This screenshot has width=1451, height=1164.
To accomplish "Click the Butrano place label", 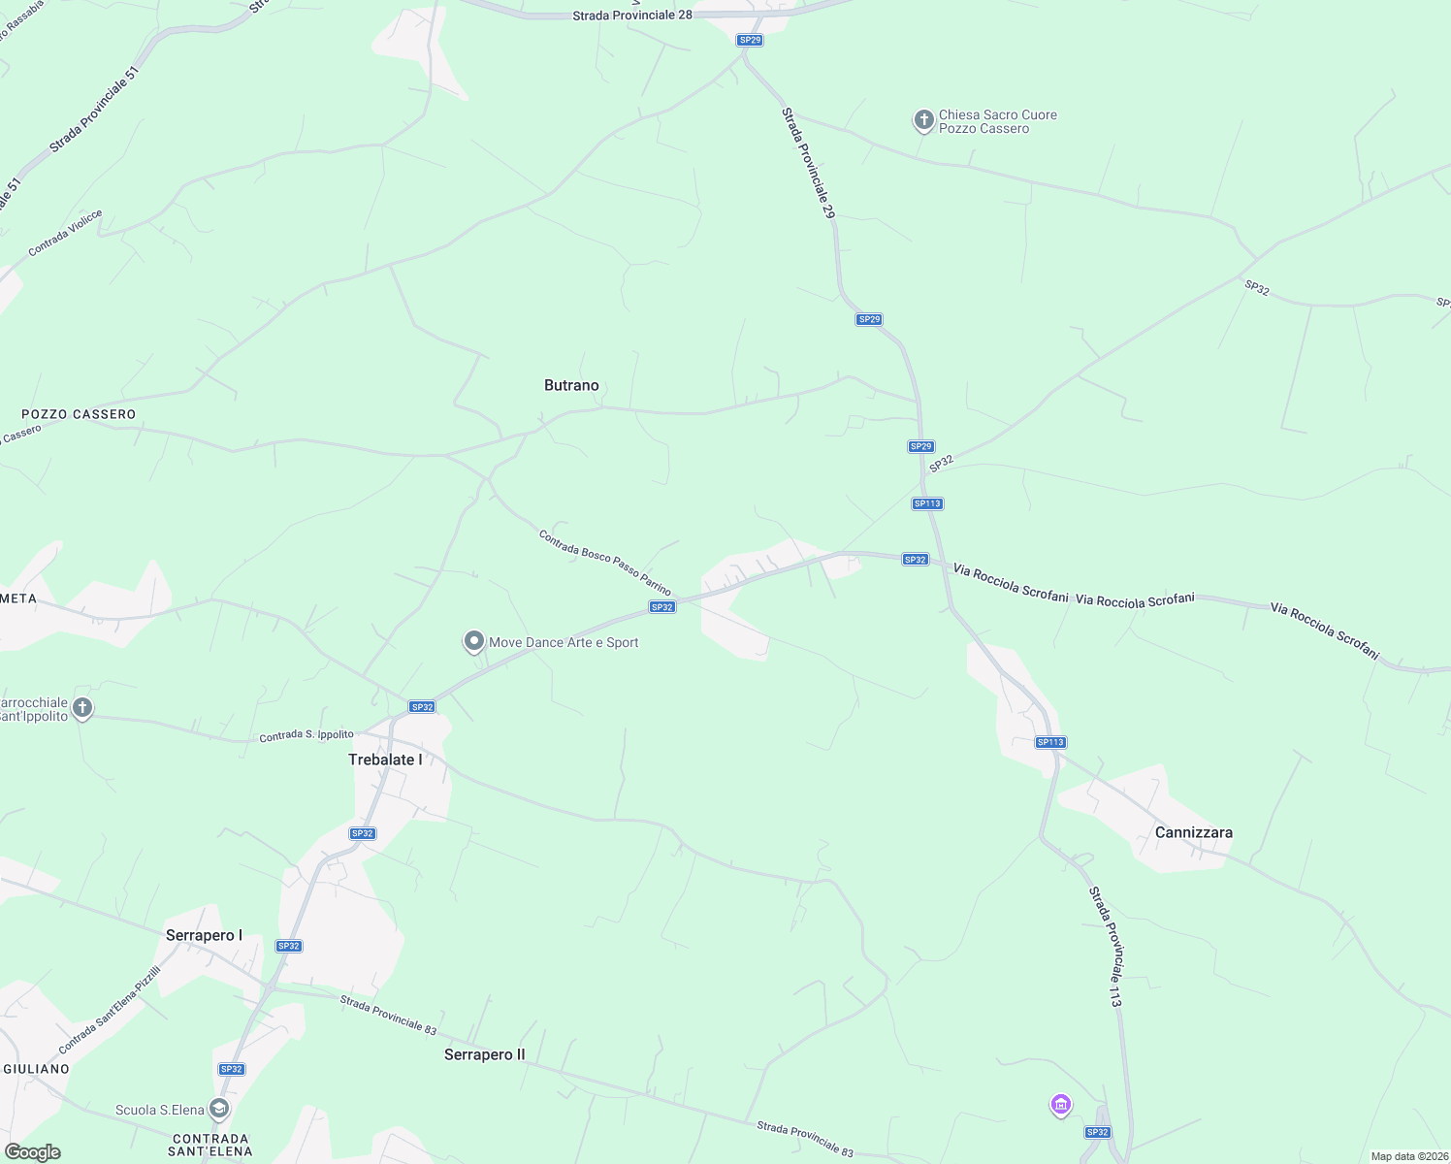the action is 571,385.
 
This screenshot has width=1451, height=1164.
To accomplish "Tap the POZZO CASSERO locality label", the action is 79,414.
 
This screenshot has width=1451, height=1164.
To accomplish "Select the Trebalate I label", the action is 385,760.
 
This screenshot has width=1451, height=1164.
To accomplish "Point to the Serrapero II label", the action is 484,1054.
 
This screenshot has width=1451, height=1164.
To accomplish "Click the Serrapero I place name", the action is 204,935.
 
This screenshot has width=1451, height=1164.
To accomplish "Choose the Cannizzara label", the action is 1193,832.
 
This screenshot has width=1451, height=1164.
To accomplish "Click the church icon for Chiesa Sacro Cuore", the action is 923,120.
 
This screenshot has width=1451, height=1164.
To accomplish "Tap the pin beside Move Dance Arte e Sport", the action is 474,641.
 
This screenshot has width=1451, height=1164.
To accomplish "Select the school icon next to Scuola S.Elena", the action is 219,1109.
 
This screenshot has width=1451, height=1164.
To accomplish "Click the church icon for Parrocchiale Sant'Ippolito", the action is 82,707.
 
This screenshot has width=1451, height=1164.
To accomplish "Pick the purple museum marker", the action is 1061,1104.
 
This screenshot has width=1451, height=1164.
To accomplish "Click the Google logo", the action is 33,1152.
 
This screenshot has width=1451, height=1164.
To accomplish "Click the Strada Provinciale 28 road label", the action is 631,16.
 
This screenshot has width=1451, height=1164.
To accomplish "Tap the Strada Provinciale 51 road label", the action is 95,109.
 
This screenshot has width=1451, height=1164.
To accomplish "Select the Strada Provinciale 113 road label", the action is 1105,947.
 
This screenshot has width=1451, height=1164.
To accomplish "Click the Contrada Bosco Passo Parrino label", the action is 605,563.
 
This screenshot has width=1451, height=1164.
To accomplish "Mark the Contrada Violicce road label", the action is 65,233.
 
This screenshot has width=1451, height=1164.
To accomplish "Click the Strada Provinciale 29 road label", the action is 808,162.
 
